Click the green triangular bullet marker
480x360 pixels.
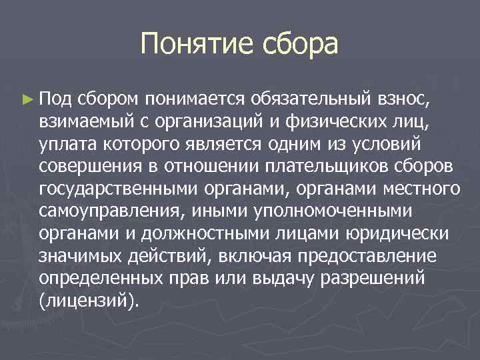(27, 100)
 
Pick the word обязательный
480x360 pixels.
(311, 100)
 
